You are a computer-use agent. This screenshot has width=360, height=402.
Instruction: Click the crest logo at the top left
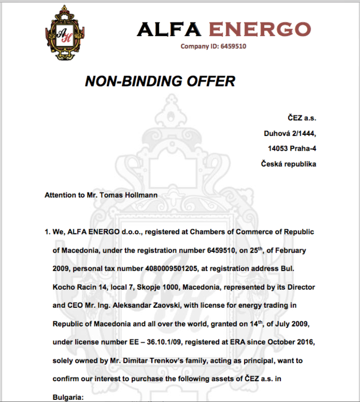pyautogui.click(x=64, y=35)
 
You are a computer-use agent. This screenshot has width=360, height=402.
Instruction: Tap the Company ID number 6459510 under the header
pyautogui.click(x=232, y=46)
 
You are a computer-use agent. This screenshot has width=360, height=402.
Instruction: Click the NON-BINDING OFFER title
pyautogui.click(x=160, y=81)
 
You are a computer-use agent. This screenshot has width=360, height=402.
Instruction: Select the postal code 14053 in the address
pyautogui.click(x=278, y=149)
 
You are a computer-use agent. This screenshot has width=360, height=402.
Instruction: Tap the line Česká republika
pyautogui.click(x=289, y=165)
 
